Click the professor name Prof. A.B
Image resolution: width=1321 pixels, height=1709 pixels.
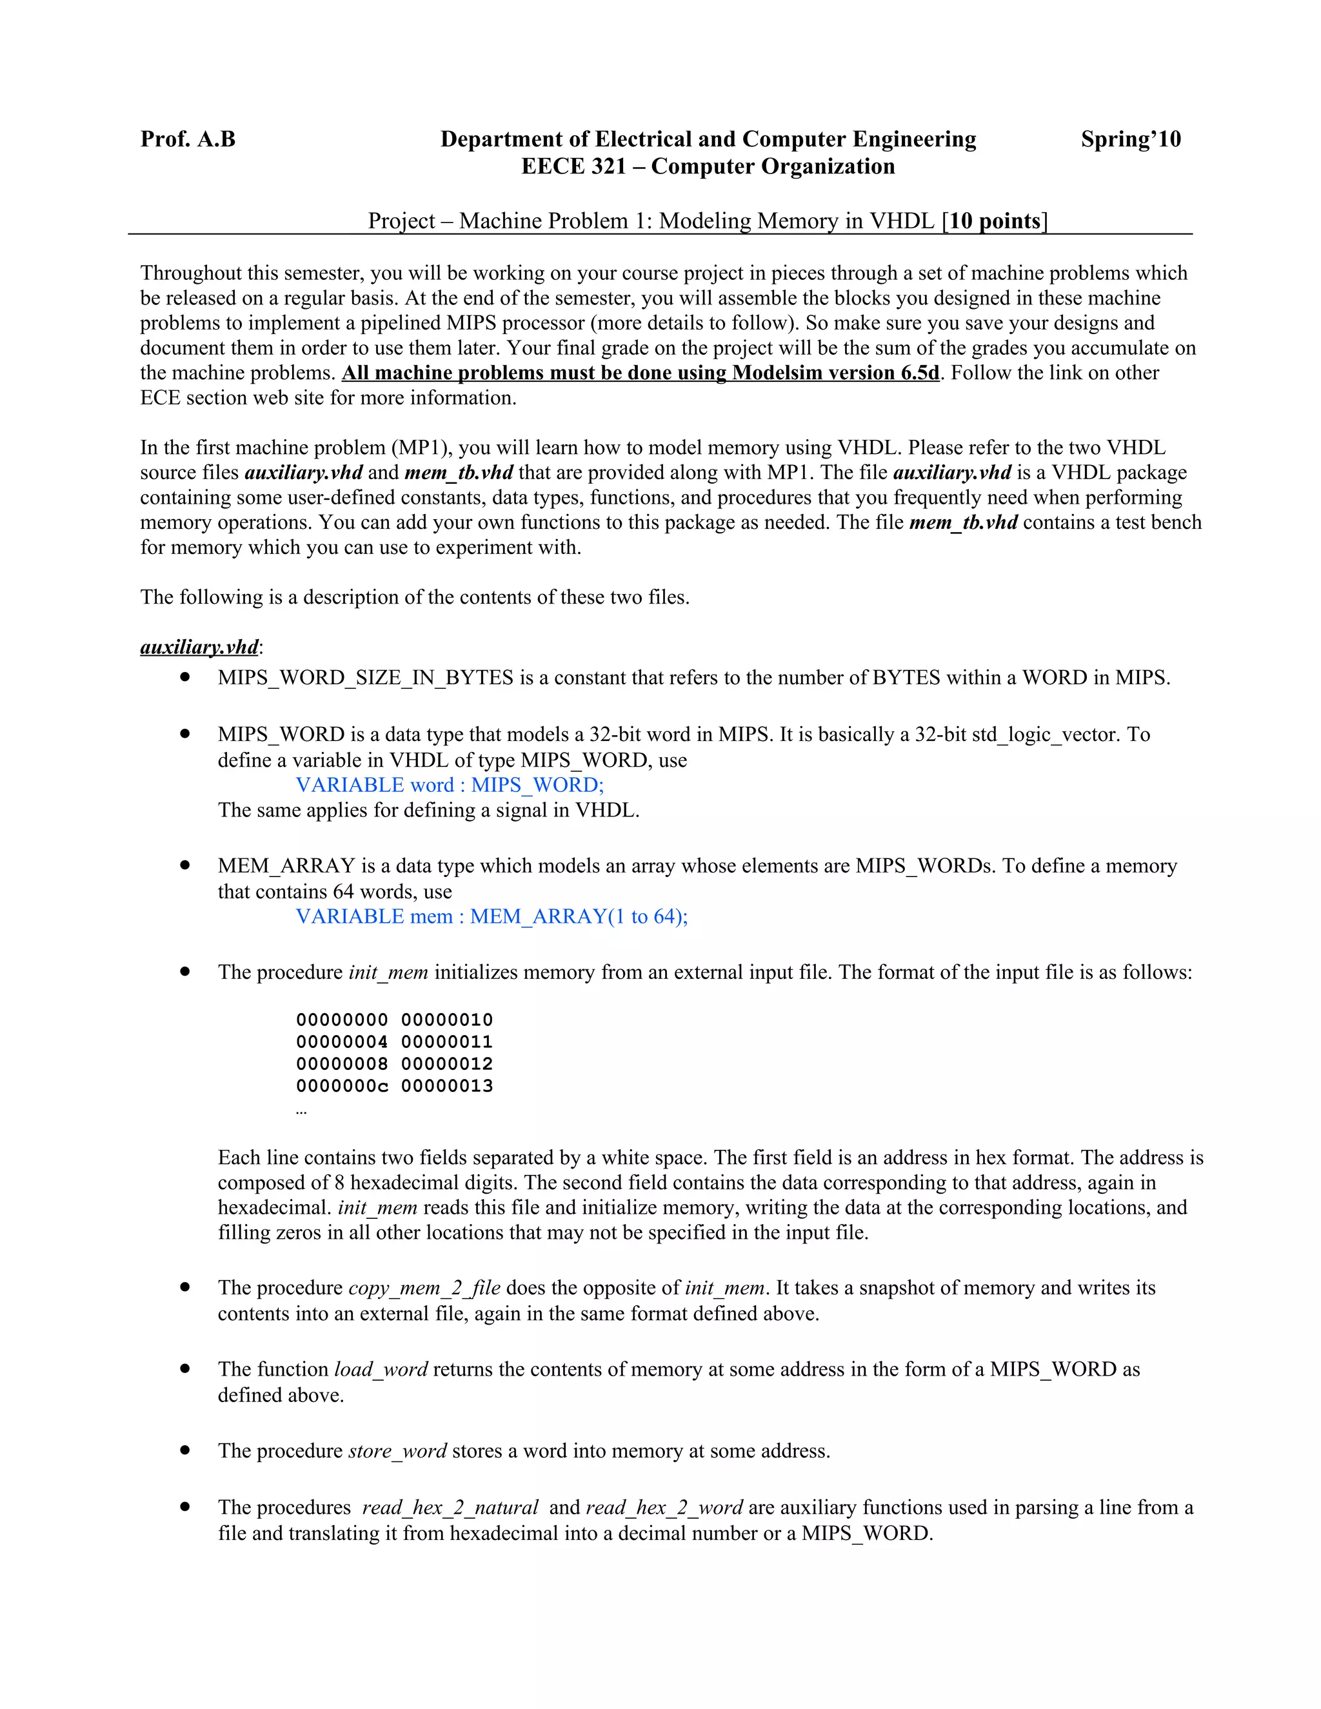pyautogui.click(x=188, y=139)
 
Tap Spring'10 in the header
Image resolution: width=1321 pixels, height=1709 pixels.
pyautogui.click(x=1130, y=139)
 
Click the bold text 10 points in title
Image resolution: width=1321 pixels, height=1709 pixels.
pyautogui.click(x=995, y=221)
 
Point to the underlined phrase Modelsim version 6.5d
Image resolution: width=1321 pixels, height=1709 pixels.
pyautogui.click(x=835, y=373)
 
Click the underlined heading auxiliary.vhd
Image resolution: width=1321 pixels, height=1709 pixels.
pyautogui.click(x=199, y=647)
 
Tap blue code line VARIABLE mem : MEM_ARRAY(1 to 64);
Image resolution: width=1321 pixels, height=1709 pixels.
pyautogui.click(x=492, y=916)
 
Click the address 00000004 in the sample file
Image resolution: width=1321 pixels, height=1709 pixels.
pyautogui.click(x=342, y=1042)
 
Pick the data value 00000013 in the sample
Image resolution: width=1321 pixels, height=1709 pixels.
pyautogui.click(x=447, y=1086)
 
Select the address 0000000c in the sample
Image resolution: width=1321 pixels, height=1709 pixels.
pyautogui.click(x=342, y=1086)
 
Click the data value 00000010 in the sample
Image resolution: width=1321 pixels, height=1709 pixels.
pyautogui.click(x=447, y=1020)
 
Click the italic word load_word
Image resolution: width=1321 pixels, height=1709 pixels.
pyautogui.click(x=381, y=1369)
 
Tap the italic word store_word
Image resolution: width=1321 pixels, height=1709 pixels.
pyautogui.click(x=397, y=1451)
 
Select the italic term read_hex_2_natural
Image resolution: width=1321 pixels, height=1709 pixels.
pyautogui.click(x=450, y=1508)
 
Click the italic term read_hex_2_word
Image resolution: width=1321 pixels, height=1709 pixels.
pyautogui.click(x=664, y=1508)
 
